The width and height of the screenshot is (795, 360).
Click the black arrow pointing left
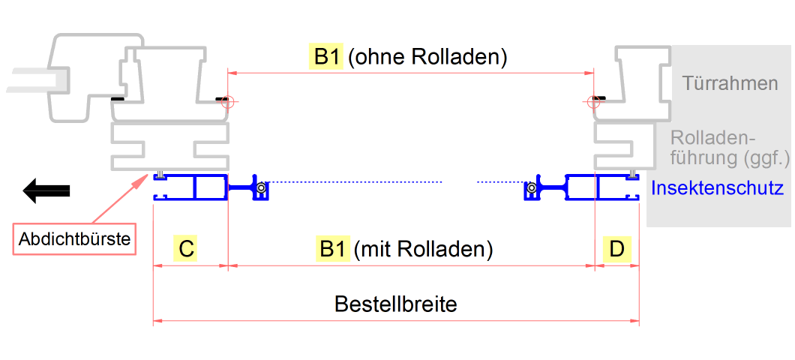coord(46,190)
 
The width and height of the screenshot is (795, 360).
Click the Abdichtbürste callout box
coord(75,240)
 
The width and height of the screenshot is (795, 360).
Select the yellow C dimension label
coord(187,249)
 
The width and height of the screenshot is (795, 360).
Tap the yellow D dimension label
coord(616,249)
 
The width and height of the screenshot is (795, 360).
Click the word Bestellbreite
coord(395,304)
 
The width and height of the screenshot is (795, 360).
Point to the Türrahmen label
coord(730,82)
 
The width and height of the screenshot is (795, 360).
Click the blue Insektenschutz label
coord(717,188)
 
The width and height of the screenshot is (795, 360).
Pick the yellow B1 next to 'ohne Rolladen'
coord(326,58)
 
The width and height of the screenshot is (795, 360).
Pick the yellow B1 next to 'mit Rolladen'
coord(333,249)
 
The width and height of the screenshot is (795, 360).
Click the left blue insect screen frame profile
coord(190,187)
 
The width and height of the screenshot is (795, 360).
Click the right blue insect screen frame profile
coord(600,187)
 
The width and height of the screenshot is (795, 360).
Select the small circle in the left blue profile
coord(260,187)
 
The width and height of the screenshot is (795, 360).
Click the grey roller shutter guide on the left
coord(170,147)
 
